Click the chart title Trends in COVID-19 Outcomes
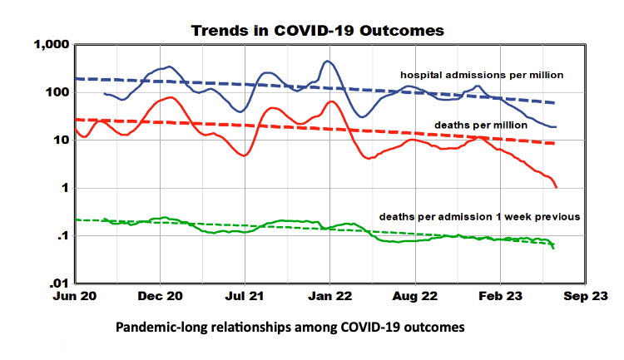point(318,30)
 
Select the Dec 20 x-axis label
point(161,296)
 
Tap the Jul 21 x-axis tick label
point(246,296)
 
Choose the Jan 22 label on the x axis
point(330,296)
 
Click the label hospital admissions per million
point(483,75)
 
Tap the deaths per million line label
point(481,125)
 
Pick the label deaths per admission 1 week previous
point(479,216)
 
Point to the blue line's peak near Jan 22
point(328,61)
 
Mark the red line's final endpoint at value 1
point(556,187)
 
